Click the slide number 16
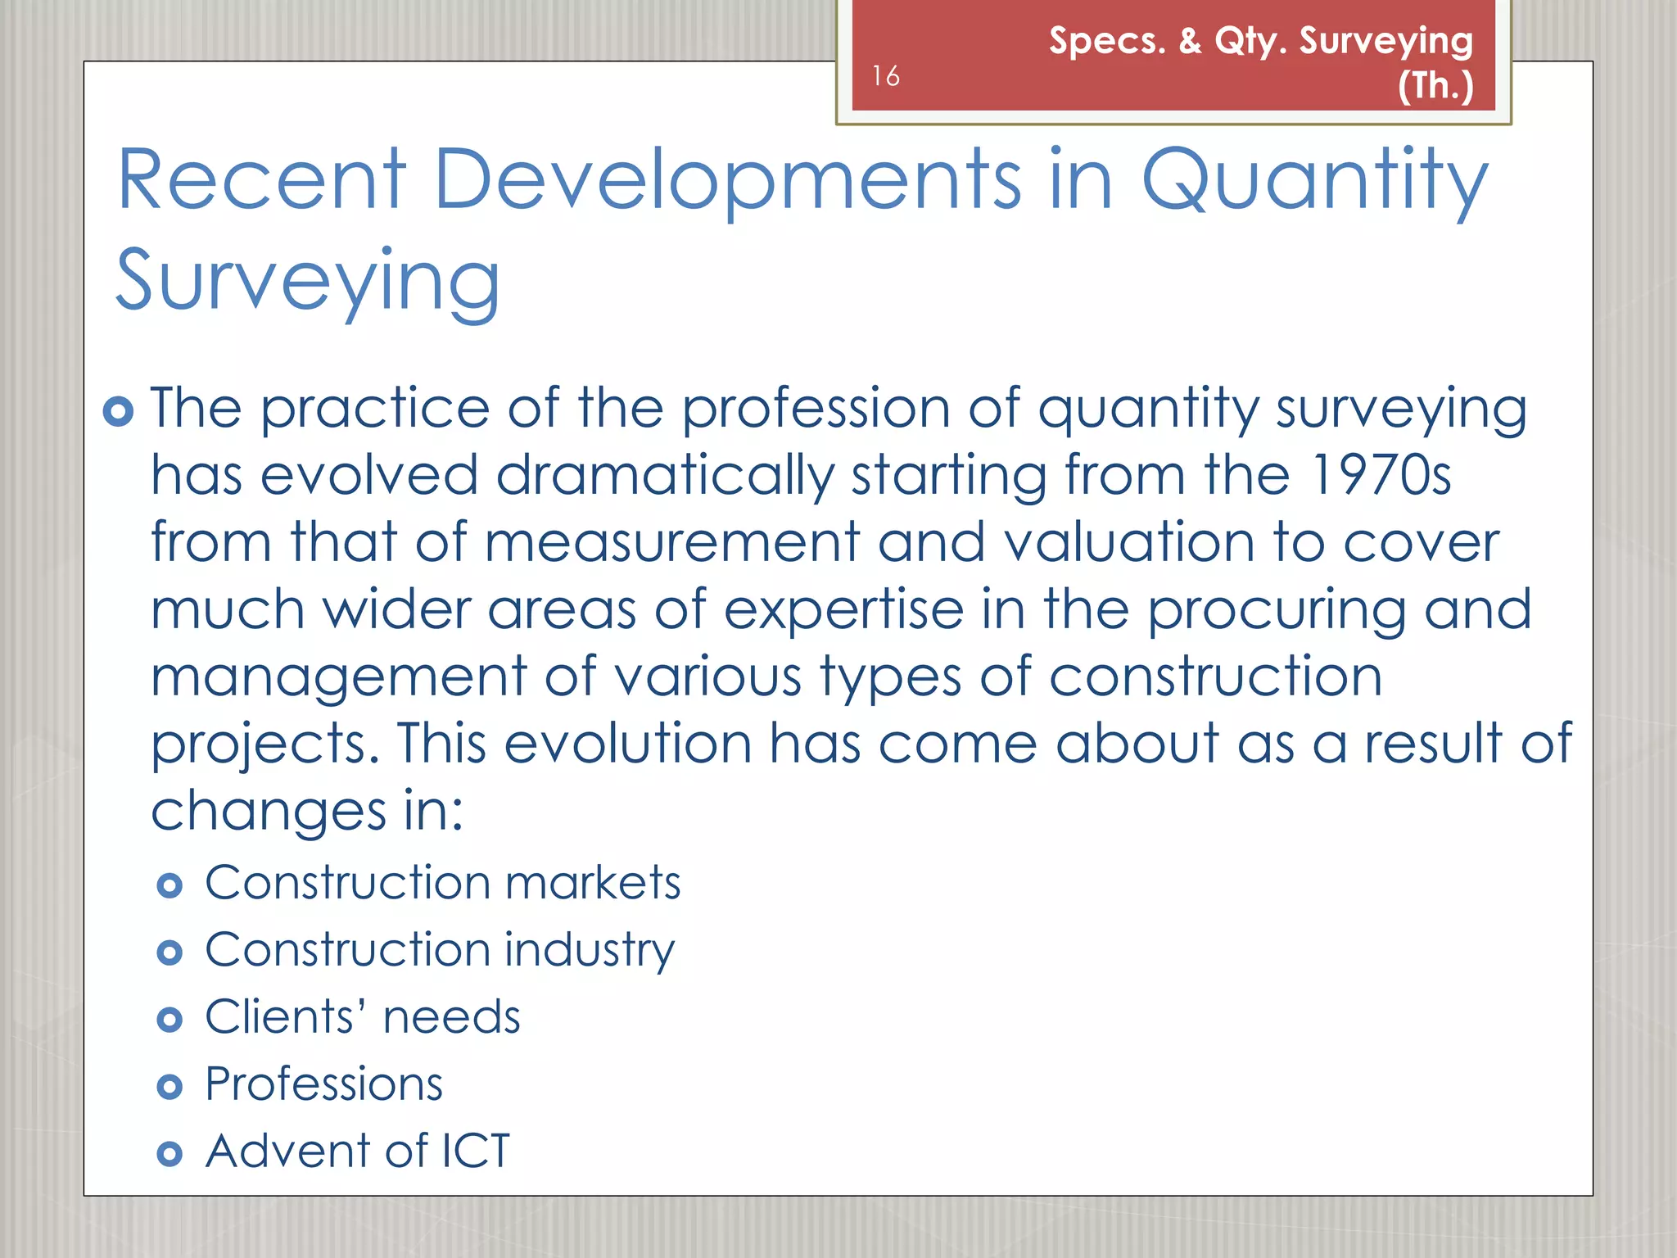[885, 76]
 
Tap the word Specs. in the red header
[1107, 41]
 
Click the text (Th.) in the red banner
[1435, 85]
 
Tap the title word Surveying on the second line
[308, 281]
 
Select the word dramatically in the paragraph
[665, 475]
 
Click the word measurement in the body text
[671, 542]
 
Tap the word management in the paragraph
[339, 677]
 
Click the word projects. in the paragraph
[265, 744]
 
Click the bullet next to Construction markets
[170, 885]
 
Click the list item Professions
[323, 1084]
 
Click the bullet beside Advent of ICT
[170, 1154]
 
